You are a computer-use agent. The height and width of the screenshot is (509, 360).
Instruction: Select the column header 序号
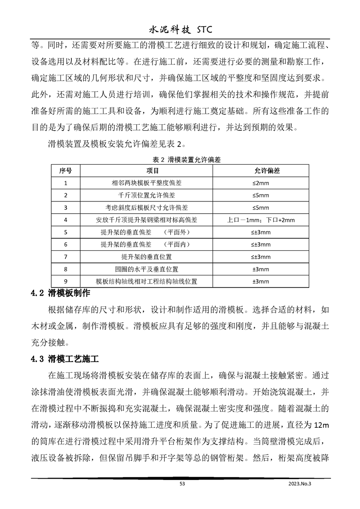[66, 171]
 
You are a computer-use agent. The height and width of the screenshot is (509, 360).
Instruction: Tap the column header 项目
[153, 171]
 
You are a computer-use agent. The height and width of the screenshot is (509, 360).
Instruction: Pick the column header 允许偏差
[261, 171]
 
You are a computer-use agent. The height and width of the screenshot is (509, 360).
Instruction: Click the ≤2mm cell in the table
[261, 183]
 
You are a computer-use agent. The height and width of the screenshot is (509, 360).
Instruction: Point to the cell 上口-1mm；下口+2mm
[261, 220]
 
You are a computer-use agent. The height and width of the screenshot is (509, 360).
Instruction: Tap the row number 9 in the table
[66, 281]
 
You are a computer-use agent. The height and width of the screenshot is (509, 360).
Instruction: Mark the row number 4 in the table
[66, 220]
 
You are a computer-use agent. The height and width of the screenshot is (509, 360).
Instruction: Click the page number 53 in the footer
[182, 484]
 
